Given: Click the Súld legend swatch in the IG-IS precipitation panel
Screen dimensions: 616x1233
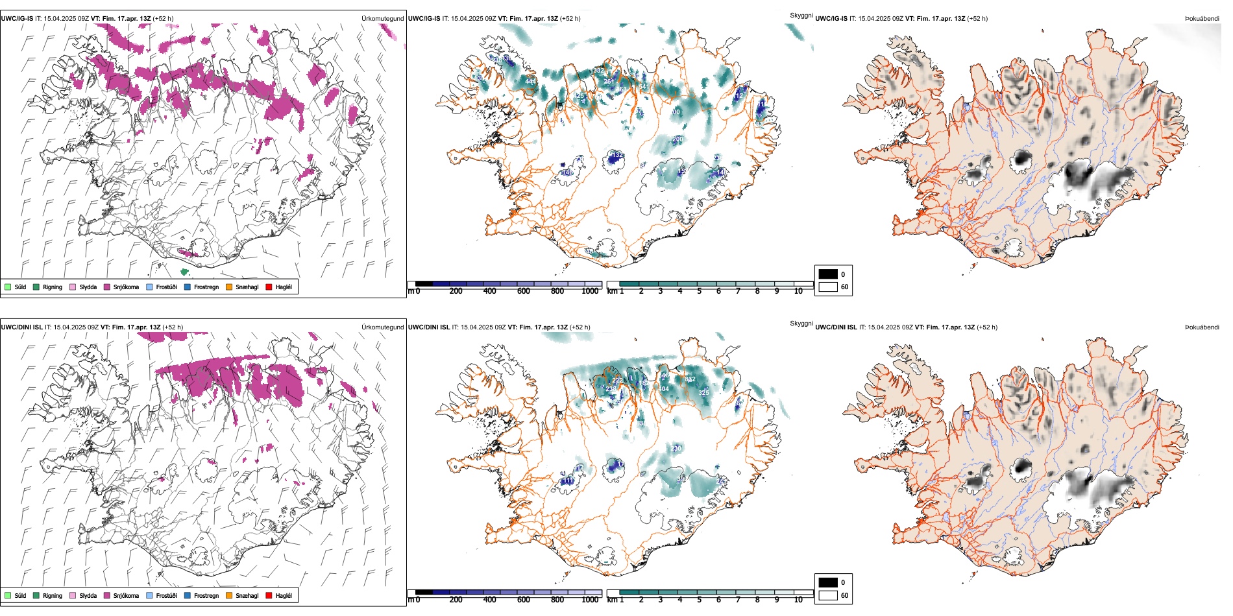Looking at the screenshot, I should click(x=8, y=287).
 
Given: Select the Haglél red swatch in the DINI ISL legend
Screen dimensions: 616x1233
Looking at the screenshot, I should click(x=269, y=595).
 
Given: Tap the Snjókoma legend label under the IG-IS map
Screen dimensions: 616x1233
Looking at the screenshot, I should click(x=126, y=287).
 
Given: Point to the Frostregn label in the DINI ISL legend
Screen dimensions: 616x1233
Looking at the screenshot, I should click(x=206, y=595).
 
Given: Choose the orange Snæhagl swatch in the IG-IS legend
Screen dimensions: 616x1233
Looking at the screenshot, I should click(x=229, y=287).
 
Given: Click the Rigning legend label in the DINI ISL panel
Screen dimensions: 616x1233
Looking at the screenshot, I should click(x=53, y=595).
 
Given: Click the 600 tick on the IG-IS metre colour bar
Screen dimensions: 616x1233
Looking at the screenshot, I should click(x=524, y=291).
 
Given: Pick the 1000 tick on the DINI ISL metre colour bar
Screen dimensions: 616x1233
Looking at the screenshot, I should click(x=590, y=600).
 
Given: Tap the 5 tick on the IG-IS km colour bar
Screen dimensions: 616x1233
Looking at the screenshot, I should click(x=700, y=291).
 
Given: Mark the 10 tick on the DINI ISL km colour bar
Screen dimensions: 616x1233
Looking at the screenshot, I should click(x=798, y=600).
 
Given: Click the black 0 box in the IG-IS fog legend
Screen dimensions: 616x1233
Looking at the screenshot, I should click(x=828, y=274).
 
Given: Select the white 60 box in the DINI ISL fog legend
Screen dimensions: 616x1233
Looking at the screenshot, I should click(x=828, y=595).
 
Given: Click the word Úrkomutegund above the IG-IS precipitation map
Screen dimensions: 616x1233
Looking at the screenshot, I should click(x=382, y=19).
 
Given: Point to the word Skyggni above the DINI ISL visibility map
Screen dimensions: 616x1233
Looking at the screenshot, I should click(x=801, y=324).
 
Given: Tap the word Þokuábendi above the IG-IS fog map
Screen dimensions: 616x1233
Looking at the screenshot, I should click(x=1202, y=19).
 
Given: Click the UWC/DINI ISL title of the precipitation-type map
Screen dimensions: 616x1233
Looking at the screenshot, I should click(x=21, y=327).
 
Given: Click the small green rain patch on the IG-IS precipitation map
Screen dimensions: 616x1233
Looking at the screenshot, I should click(x=184, y=272).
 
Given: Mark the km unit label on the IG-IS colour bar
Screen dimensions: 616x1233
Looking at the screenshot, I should click(x=612, y=291).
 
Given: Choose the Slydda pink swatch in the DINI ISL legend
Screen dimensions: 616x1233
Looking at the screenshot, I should click(x=73, y=595).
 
